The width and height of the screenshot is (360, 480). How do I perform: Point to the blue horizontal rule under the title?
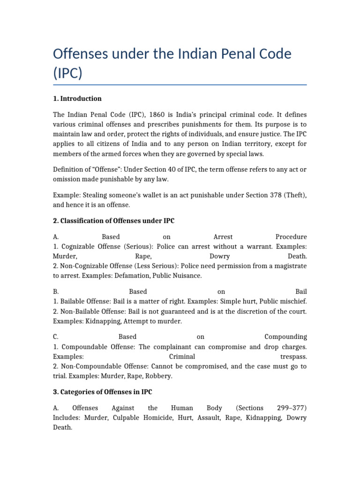(180, 85)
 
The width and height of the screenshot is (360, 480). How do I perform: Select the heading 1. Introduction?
(77, 98)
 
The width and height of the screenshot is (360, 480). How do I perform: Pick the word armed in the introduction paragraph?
(127, 154)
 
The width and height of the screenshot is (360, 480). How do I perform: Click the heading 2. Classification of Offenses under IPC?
(113, 221)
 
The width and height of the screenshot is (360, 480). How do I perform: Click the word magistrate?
(288, 266)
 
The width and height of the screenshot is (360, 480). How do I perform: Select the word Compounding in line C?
(285, 337)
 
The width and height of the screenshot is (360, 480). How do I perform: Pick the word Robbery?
(159, 376)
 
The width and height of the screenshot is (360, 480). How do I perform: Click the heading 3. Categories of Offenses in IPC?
(103, 392)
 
